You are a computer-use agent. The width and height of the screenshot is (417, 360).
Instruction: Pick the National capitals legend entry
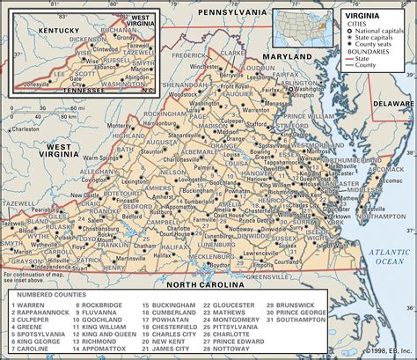point(377,30)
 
